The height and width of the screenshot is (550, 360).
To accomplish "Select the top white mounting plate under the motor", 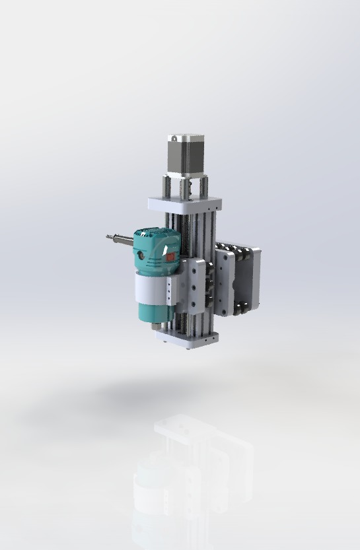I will click(x=183, y=204).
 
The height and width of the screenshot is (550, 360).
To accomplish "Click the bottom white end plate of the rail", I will click(x=187, y=340).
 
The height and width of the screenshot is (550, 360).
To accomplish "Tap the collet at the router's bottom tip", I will click(x=153, y=325).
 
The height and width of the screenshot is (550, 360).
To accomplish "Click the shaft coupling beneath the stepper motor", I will click(x=186, y=189).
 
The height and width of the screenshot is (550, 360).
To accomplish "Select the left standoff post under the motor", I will click(x=166, y=187).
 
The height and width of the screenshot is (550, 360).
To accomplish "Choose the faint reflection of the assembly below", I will click(x=192, y=475).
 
